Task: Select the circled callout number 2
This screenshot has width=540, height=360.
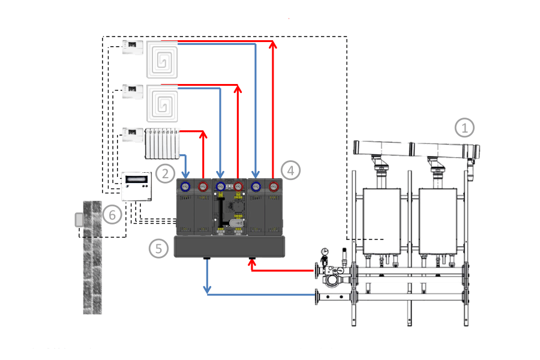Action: pyautogui.click(x=164, y=173)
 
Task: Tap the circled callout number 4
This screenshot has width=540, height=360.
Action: pyautogui.click(x=291, y=170)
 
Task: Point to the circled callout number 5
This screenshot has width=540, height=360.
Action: pyautogui.click(x=158, y=248)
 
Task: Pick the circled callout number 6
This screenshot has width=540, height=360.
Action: pyautogui.click(x=112, y=214)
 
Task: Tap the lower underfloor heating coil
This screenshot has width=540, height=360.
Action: pyautogui.click(x=163, y=103)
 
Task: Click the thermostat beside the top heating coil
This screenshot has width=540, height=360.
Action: pyautogui.click(x=133, y=47)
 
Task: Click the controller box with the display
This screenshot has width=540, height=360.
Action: pyautogui.click(x=137, y=187)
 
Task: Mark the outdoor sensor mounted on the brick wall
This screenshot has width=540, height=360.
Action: pyautogui.click(x=78, y=220)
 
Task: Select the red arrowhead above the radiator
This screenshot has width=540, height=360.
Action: pyautogui.click(x=203, y=133)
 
